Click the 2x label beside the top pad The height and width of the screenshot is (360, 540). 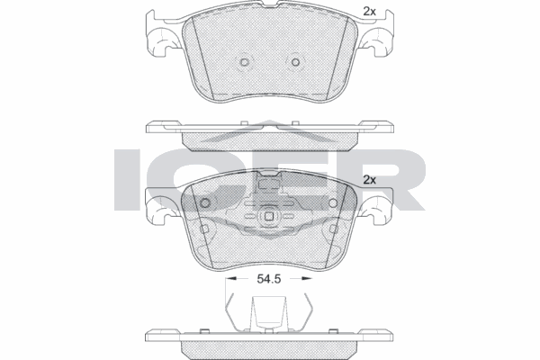(x=368, y=11)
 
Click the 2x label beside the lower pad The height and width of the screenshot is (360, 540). (x=368, y=180)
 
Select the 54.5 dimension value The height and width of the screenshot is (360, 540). (x=268, y=280)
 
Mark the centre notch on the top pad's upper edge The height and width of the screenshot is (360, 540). (x=268, y=11)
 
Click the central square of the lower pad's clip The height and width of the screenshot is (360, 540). (x=268, y=217)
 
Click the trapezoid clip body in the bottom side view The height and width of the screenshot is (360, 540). (x=268, y=316)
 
